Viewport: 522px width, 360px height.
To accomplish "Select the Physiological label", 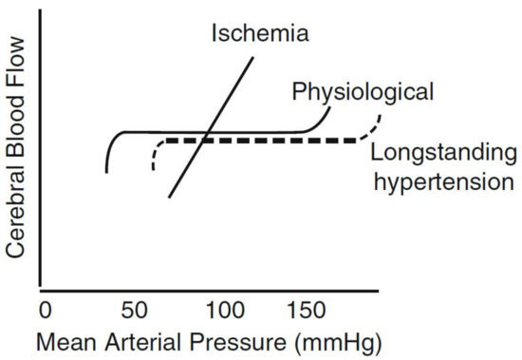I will pyautogui.click(x=363, y=92).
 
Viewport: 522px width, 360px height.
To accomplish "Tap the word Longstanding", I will pyautogui.click(x=443, y=152).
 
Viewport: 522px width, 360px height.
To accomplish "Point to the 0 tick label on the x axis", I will pyautogui.click(x=44, y=311).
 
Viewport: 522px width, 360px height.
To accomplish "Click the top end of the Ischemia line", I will pyautogui.click(x=252, y=58).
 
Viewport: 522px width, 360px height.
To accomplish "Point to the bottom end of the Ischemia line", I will pyautogui.click(x=169, y=197).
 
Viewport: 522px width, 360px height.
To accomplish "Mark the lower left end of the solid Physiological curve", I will pyautogui.click(x=106, y=172).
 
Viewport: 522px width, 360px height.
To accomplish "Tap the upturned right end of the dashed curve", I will pyautogui.click(x=380, y=116).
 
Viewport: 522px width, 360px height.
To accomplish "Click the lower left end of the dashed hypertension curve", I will pyautogui.click(x=153, y=170).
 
